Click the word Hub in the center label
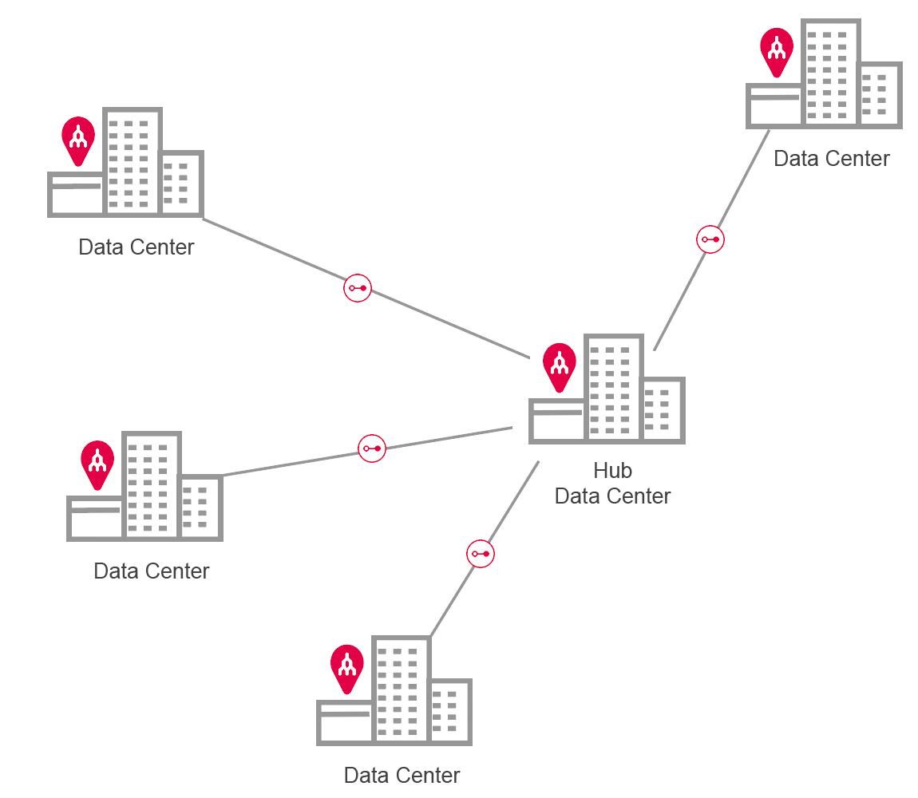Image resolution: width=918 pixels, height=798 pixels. [612, 470]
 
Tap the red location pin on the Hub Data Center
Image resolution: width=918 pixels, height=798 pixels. [560, 365]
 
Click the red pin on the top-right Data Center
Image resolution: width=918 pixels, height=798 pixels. [777, 50]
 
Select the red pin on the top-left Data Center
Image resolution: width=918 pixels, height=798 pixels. [78, 140]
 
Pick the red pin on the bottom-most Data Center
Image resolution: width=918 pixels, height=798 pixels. [347, 666]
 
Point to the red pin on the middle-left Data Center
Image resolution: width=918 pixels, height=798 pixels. [97, 462]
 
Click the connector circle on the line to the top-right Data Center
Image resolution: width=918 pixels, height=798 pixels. [710, 239]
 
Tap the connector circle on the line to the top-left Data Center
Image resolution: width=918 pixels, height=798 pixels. [358, 287]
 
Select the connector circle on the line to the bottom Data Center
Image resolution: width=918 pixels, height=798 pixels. [481, 554]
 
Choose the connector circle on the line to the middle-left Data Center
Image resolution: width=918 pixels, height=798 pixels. [372, 448]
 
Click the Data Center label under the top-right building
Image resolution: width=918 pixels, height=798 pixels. [832, 159]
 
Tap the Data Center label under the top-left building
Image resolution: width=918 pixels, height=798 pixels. [137, 247]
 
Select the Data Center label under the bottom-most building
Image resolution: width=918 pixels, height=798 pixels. [402, 775]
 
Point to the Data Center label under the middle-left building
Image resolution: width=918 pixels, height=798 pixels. [152, 571]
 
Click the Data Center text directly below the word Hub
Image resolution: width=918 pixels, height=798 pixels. [612, 496]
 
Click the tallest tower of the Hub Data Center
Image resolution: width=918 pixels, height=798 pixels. [613, 387]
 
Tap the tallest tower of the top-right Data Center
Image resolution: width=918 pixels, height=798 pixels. [831, 72]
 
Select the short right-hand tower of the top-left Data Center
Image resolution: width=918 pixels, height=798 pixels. [181, 183]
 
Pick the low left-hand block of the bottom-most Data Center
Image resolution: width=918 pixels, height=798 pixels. [345, 722]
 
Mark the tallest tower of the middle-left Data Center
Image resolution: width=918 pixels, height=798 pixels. [152, 484]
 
